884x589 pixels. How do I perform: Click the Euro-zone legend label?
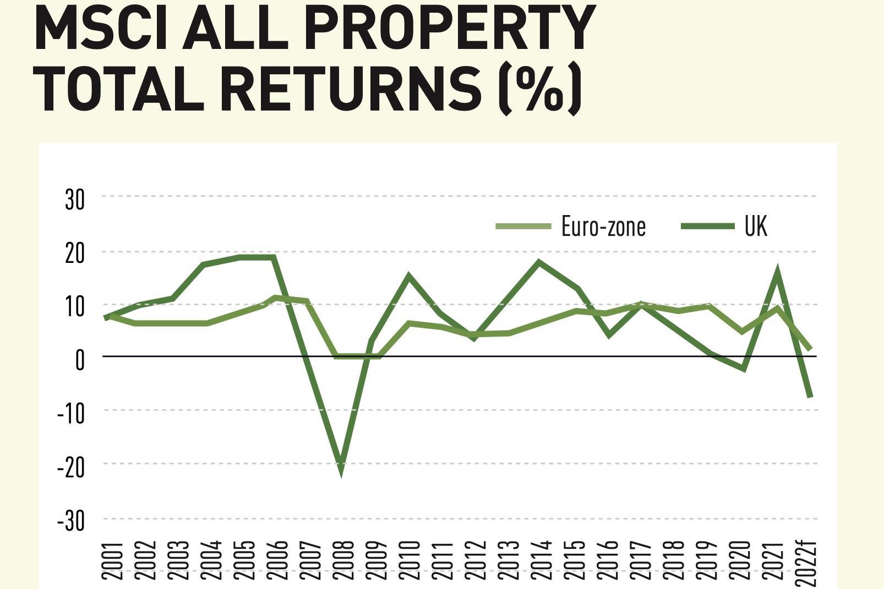[603, 226]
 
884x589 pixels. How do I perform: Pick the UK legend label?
[755, 226]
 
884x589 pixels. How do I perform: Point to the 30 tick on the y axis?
[75, 199]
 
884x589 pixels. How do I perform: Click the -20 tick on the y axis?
[72, 467]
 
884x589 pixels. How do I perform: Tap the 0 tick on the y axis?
[80, 360]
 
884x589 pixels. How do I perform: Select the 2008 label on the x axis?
[343, 560]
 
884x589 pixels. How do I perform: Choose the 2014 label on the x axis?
[542, 560]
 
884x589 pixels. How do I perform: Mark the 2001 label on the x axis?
[112, 560]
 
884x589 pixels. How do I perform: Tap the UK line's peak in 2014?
[539, 262]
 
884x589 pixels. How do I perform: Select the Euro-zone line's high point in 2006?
[275, 298]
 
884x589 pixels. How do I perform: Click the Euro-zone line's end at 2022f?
[810, 349]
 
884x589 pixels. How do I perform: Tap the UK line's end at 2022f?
[810, 395]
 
